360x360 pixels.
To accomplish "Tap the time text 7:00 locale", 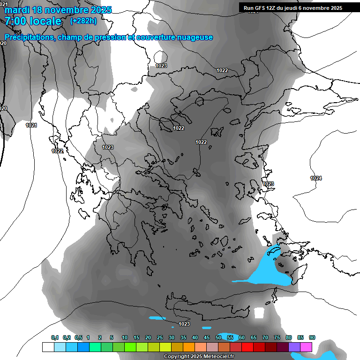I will point(33,22).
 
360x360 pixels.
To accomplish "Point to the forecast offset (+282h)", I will point(84,21).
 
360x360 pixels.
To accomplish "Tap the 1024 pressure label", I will point(316,178).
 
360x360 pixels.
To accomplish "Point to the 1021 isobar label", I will point(31,125).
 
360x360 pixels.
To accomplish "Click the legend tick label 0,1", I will point(55,338).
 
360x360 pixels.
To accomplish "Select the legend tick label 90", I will point(312,338).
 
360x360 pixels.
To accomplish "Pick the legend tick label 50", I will point(218,338).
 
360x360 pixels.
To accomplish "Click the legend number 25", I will point(160,338).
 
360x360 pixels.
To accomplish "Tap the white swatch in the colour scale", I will point(48,347).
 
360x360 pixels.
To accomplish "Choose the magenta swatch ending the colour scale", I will point(306,347).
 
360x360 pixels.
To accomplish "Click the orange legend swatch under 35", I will point(189,347).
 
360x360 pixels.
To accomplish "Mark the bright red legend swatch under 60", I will point(247,347).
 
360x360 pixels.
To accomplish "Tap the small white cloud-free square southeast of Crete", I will point(259,313).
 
